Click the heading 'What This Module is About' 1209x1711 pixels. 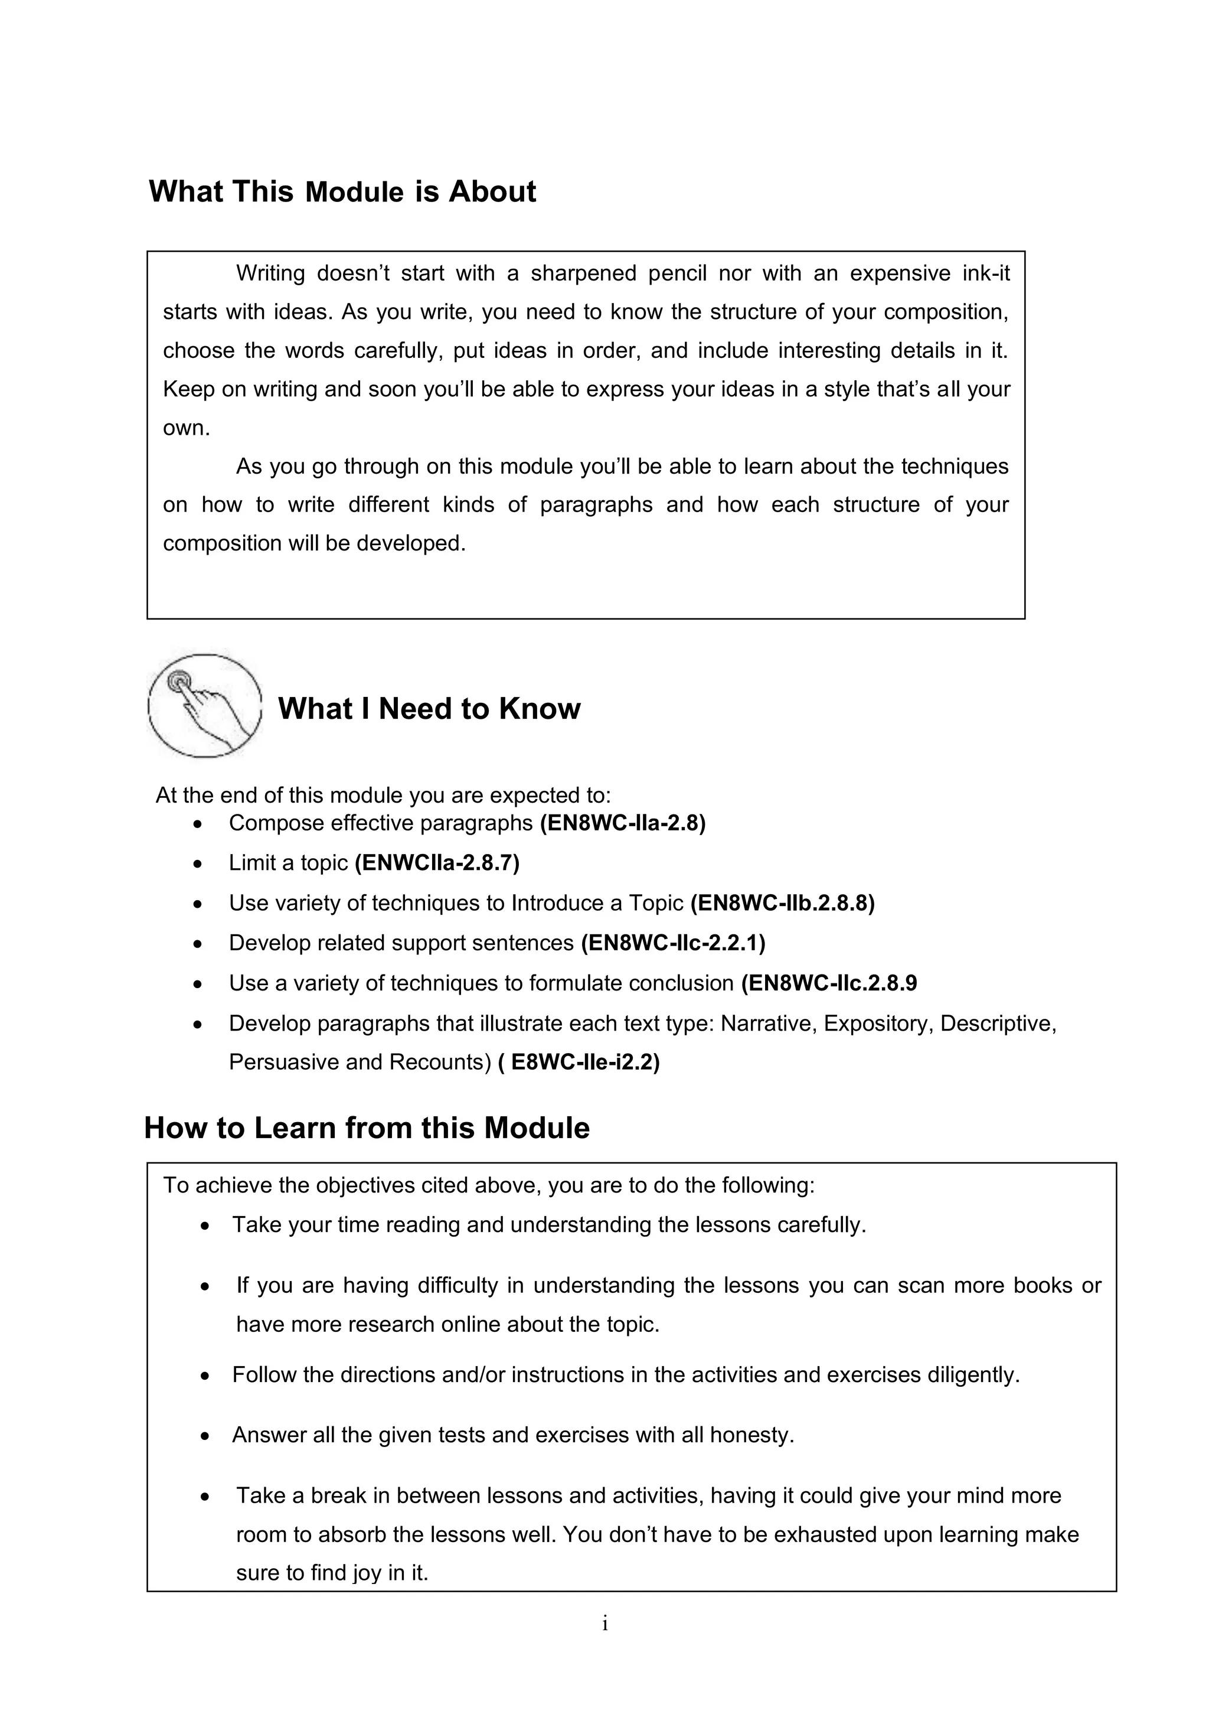click(x=342, y=191)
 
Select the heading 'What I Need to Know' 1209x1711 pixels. click(x=429, y=708)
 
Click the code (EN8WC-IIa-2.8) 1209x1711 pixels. click(x=622, y=823)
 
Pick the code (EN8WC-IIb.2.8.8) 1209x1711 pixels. click(x=782, y=903)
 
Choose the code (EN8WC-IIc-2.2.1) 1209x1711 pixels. click(x=672, y=943)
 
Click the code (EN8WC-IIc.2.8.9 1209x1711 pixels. click(x=828, y=984)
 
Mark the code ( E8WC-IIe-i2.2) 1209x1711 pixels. click(x=578, y=1062)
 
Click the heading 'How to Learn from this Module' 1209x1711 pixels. click(x=367, y=1127)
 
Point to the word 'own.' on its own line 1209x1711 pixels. click(x=186, y=428)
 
